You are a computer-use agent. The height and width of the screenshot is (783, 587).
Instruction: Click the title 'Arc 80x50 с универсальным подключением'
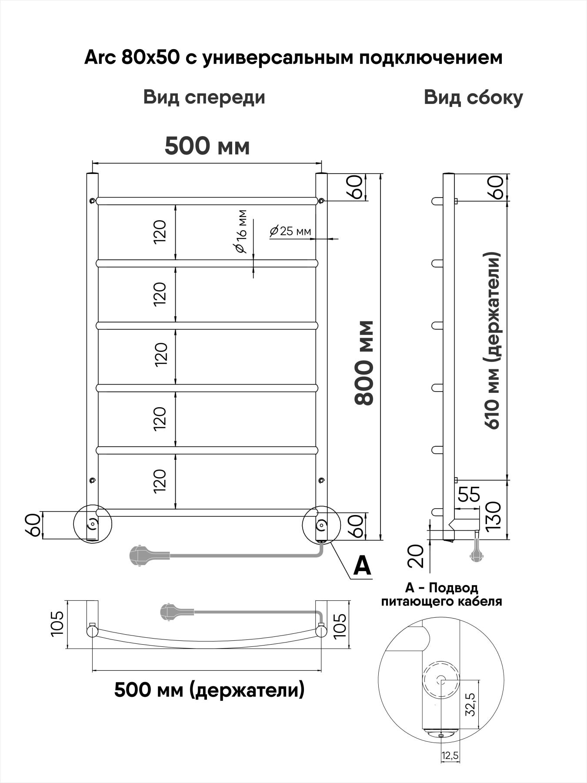[x=293, y=57]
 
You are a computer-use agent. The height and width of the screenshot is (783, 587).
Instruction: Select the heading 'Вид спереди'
[x=204, y=97]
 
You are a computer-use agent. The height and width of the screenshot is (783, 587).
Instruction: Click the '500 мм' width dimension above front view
[x=207, y=147]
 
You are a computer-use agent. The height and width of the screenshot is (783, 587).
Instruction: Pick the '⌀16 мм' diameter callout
[x=240, y=232]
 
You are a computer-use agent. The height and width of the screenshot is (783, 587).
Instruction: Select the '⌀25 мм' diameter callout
[x=290, y=231]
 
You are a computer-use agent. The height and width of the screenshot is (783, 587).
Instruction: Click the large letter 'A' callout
[x=362, y=565]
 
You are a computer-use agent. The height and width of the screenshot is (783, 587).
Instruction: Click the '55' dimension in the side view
[x=469, y=495]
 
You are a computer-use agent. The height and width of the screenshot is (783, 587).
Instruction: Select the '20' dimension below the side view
[x=417, y=556]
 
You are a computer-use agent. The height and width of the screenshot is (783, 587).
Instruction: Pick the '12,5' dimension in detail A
[x=450, y=756]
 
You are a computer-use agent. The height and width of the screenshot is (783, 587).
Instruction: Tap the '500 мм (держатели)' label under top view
[x=209, y=689]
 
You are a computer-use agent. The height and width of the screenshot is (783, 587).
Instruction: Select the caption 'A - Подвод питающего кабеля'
[x=441, y=595]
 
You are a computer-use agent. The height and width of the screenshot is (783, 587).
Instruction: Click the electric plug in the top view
[x=171, y=612]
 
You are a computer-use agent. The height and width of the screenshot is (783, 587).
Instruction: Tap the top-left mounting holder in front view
[x=92, y=200]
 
